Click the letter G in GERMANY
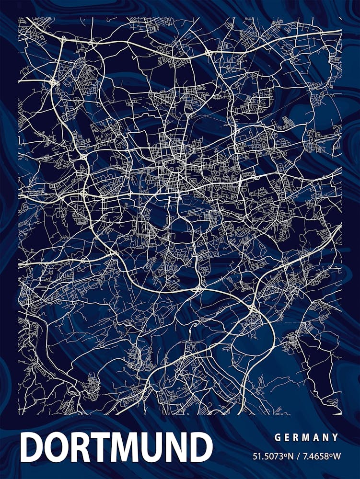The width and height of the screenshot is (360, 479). [x=278, y=437]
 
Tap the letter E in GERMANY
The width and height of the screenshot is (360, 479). [x=288, y=437]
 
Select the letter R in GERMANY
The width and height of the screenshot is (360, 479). [x=297, y=437]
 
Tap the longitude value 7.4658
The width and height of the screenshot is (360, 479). [x=312, y=456]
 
